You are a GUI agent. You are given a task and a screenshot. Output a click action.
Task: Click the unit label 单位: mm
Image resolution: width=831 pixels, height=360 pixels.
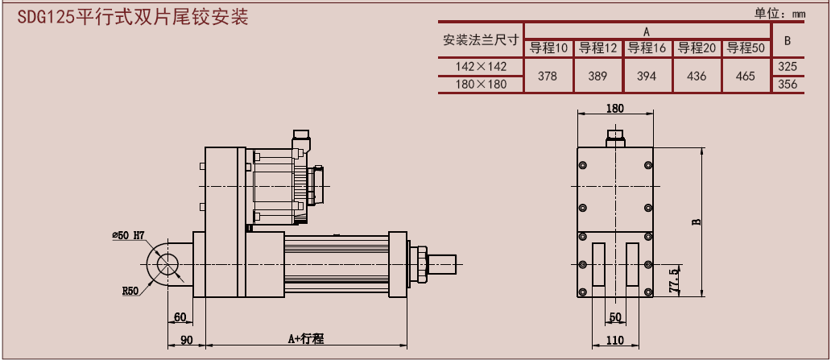(x=779, y=13)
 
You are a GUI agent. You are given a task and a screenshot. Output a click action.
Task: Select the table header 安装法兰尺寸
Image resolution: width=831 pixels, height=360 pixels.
(x=481, y=39)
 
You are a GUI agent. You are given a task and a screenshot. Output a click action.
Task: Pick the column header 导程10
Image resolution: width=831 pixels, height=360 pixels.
(x=549, y=48)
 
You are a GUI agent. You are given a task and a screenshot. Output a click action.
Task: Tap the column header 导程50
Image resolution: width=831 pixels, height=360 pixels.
(x=746, y=48)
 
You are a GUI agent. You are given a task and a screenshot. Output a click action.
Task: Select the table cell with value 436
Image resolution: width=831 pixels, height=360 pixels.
(x=697, y=76)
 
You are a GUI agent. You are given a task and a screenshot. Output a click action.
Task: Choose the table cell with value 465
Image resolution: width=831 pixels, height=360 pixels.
(x=746, y=76)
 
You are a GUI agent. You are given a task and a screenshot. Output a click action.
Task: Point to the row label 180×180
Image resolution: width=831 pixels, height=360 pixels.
(x=481, y=84)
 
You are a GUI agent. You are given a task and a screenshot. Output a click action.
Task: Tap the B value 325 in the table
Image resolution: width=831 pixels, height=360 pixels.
(x=788, y=66)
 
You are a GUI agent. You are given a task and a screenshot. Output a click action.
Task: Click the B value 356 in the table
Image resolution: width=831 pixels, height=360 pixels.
(x=788, y=84)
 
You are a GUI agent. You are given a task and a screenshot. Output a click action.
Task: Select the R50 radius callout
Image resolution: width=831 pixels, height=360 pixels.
(x=131, y=291)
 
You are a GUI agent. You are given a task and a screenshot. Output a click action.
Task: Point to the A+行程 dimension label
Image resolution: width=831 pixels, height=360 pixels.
(x=306, y=339)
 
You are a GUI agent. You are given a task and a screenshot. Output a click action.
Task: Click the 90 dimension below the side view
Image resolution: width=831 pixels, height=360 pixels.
(x=186, y=339)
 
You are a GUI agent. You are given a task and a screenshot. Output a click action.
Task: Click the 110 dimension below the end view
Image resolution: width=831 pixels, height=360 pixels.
(x=615, y=339)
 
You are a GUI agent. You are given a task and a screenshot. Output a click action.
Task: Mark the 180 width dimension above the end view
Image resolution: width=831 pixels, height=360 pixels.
(x=614, y=108)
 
